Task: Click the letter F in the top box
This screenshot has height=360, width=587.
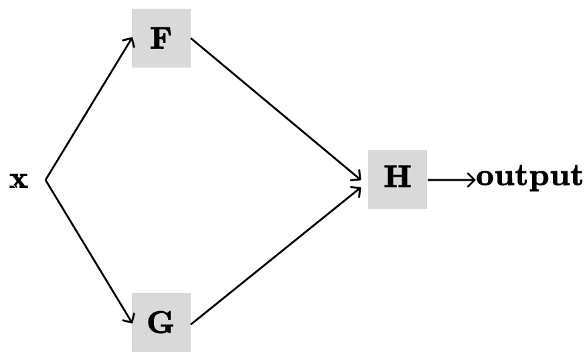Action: coord(161,39)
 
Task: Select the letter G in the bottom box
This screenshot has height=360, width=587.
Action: coord(161,323)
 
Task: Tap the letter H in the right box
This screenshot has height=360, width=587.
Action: coord(397,178)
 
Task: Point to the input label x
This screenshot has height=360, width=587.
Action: coord(19,180)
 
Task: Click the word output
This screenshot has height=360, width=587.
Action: coord(529,177)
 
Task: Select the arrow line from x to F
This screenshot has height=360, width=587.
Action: coord(88,110)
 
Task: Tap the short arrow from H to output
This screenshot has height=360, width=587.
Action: coord(450,179)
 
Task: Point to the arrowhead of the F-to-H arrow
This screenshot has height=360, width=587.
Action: coord(358,176)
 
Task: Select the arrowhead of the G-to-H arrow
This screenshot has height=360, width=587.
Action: coord(358,189)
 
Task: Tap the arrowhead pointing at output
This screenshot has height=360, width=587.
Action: coord(471,179)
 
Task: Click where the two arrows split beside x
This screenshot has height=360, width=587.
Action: coord(46,179)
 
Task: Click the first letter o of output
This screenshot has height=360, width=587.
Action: coord(487,177)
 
